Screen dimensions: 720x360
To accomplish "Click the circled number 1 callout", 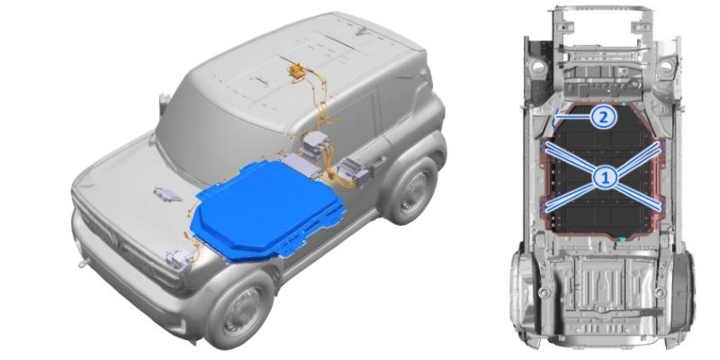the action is [605, 176].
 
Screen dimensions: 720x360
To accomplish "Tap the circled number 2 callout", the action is [603, 118].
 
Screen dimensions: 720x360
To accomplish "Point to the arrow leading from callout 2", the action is [572, 118].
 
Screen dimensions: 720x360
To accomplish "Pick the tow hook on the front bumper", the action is [82, 264].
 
